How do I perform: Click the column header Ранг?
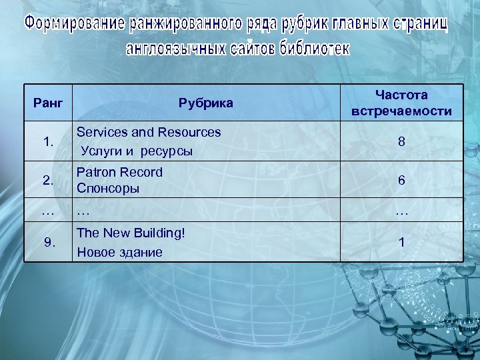pos(48,103)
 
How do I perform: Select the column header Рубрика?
pos(205,103)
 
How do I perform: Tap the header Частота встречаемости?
pos(401,103)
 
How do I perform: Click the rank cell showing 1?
pos(48,141)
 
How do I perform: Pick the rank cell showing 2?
pos(48,180)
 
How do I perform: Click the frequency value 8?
pos(401,141)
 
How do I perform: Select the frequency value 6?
pos(401,180)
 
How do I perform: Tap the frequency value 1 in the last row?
pos(401,242)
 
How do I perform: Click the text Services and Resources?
pos(149,132)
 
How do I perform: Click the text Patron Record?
pos(120,172)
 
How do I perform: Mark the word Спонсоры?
pos(108,188)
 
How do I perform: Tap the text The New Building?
pos(131,233)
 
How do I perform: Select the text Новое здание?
pos(120,252)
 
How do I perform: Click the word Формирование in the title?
pos(75,25)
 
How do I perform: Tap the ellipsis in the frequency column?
pos(401,213)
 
